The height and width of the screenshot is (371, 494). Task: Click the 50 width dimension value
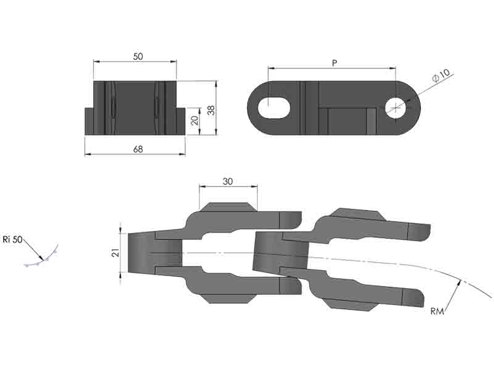(138, 56)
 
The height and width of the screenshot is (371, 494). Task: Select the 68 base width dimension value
(138, 149)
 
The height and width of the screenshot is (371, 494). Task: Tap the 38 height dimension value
(211, 110)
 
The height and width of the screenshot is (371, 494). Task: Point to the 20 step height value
(195, 120)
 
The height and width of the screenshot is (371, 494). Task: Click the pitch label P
(334, 63)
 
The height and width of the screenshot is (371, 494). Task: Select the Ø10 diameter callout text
(441, 76)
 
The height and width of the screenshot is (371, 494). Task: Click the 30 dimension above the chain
(227, 181)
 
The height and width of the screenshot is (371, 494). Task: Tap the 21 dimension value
(116, 252)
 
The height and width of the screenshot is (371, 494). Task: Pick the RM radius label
(437, 312)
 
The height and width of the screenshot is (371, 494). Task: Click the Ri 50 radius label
(12, 239)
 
